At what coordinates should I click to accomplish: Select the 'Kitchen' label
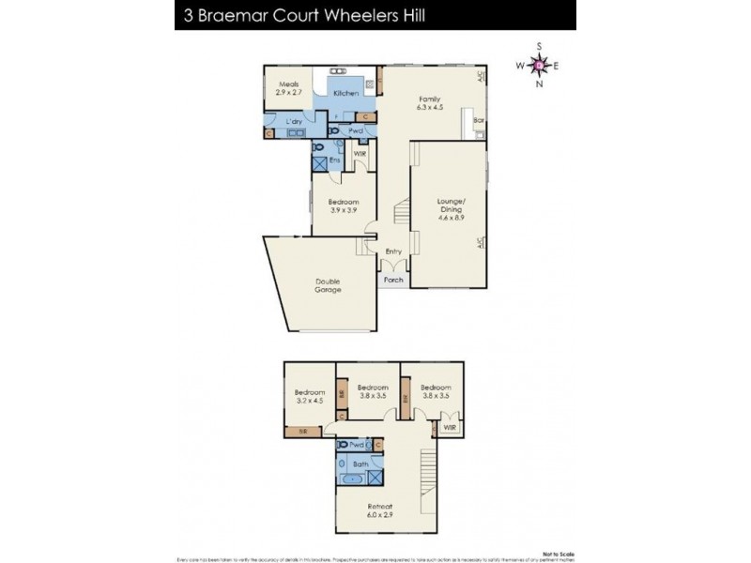[345, 94]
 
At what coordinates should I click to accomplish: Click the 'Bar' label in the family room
[478, 121]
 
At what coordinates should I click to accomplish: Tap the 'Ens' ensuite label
[334, 159]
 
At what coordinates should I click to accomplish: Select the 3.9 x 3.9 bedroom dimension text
[344, 210]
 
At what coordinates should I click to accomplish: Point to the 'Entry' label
[394, 251]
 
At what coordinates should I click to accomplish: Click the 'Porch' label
[393, 280]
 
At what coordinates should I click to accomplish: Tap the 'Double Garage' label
[328, 285]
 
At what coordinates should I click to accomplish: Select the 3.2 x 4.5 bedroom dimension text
[309, 400]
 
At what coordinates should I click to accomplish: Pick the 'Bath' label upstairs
[360, 464]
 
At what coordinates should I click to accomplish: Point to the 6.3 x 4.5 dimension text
[430, 107]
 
